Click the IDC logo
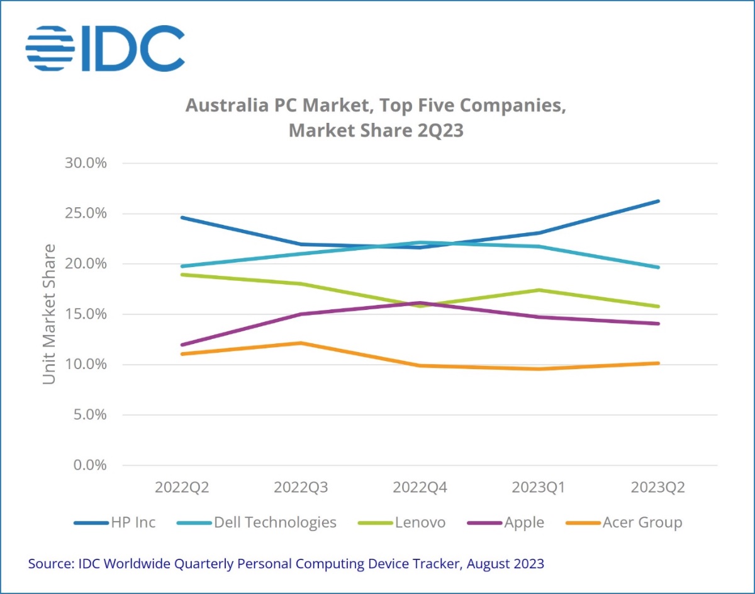tap(105, 49)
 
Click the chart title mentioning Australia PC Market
tap(376, 118)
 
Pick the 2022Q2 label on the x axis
tap(182, 488)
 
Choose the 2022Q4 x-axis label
tap(420, 488)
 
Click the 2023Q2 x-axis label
tap(658, 488)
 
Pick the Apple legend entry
tap(506, 522)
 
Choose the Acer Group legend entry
tap(624, 522)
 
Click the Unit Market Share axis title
tap(49, 314)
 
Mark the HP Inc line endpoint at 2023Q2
tap(658, 201)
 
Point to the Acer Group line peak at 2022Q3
tap(301, 343)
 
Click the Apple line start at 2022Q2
tap(182, 345)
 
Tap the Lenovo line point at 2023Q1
tap(539, 290)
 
